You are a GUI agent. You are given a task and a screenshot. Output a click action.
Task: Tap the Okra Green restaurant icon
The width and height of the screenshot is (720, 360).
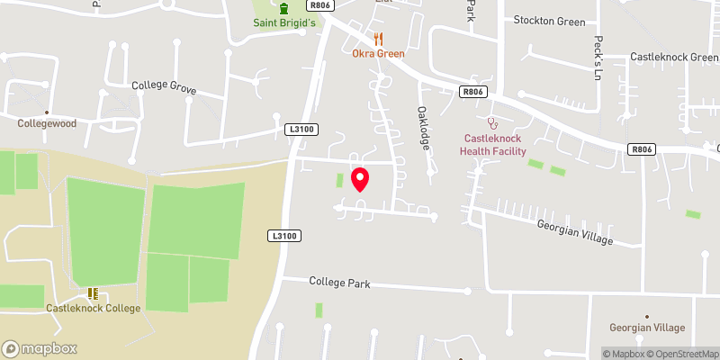click(378, 39)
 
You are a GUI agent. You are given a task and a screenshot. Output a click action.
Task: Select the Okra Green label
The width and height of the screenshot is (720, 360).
click(378, 54)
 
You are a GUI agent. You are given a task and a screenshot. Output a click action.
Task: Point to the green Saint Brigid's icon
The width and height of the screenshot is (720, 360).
click(284, 8)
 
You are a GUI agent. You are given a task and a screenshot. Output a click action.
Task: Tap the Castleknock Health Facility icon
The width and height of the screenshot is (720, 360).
click(491, 121)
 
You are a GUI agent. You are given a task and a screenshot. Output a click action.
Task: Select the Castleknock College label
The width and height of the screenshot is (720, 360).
click(94, 309)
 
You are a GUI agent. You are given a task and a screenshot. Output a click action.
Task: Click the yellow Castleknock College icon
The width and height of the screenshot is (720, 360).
click(93, 293)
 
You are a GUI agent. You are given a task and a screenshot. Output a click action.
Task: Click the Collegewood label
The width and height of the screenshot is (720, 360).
click(46, 123)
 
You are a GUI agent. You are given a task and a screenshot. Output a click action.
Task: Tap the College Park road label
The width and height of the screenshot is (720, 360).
click(339, 283)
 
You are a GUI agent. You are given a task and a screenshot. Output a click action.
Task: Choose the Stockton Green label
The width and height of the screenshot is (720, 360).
click(549, 21)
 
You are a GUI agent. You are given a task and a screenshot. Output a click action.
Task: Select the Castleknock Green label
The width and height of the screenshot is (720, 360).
click(673, 57)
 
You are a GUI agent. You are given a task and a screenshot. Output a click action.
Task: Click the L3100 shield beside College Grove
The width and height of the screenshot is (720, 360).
click(301, 130)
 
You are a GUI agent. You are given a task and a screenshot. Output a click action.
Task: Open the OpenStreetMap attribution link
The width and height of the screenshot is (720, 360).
click(679, 354)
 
